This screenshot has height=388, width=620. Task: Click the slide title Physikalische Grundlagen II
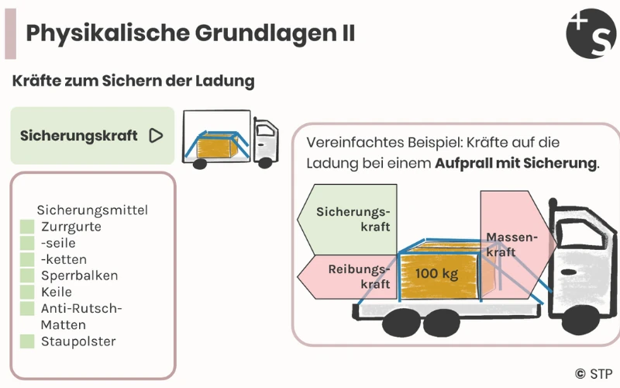(x=191, y=33)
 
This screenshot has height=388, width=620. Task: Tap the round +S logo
(x=591, y=33)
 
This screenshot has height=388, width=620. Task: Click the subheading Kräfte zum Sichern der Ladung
(x=133, y=81)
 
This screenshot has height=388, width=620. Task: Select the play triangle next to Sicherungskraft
(x=156, y=136)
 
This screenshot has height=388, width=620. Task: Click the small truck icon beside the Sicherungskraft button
(x=229, y=139)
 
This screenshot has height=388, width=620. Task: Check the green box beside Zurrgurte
(x=27, y=227)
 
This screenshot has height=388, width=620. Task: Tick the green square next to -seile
(x=27, y=243)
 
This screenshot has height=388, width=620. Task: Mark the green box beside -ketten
(x=27, y=259)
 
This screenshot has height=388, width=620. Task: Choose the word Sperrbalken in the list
(x=80, y=275)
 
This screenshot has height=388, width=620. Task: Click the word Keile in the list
(x=57, y=292)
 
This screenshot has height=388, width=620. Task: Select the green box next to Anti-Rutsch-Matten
(x=27, y=308)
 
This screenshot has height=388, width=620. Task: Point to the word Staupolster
(x=78, y=341)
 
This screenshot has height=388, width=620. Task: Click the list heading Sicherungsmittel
(x=92, y=210)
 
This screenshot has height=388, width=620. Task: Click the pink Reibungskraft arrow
(x=349, y=275)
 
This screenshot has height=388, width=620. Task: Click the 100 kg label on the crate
(x=437, y=274)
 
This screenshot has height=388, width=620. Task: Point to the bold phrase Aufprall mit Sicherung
(x=516, y=164)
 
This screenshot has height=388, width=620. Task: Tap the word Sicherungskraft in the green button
(x=79, y=136)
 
